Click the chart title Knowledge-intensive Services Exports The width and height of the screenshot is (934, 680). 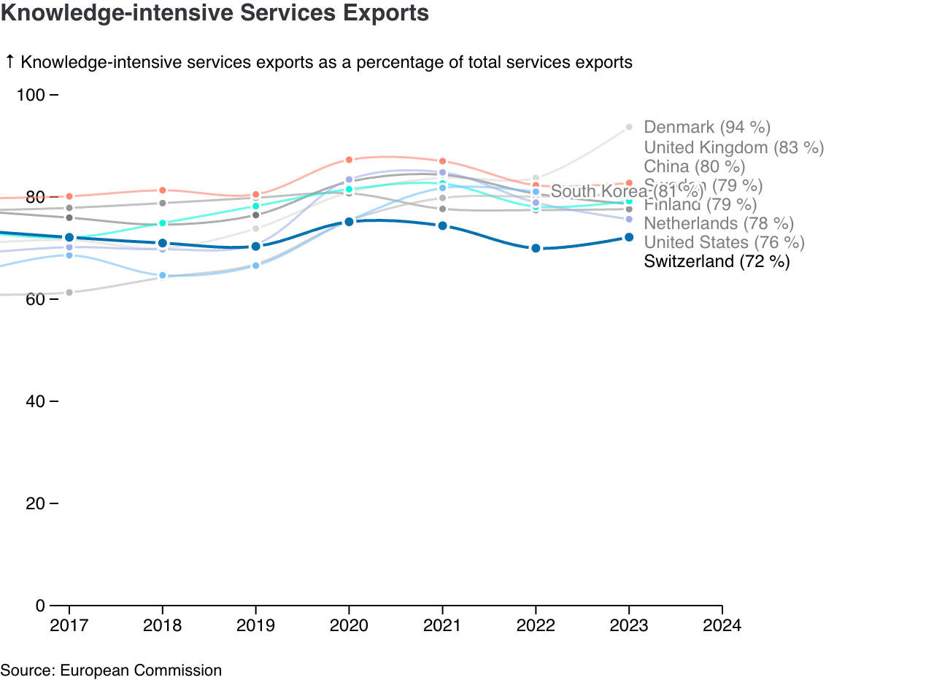[215, 13]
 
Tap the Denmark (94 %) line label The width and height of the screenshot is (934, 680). [707, 128]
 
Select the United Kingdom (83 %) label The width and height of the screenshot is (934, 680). [733, 147]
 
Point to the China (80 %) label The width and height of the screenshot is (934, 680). [695, 167]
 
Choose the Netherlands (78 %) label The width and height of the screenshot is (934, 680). [719, 223]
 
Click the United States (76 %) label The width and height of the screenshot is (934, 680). [724, 242]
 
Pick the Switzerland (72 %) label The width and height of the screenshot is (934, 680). [717, 261]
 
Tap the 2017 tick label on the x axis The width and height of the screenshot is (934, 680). [69, 625]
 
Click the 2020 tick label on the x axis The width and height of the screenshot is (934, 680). [349, 625]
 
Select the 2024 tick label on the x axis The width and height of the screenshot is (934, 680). [722, 625]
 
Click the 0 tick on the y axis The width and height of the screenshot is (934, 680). [40, 606]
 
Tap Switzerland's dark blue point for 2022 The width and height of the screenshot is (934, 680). [536, 248]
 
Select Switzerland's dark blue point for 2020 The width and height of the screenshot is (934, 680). [349, 221]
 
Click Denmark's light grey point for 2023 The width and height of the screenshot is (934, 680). [629, 128]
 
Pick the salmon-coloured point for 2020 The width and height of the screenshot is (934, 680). [349, 160]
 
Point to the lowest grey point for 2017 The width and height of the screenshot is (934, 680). [69, 293]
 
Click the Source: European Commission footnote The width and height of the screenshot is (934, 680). [111, 670]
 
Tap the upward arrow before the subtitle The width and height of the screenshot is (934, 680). [9, 62]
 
